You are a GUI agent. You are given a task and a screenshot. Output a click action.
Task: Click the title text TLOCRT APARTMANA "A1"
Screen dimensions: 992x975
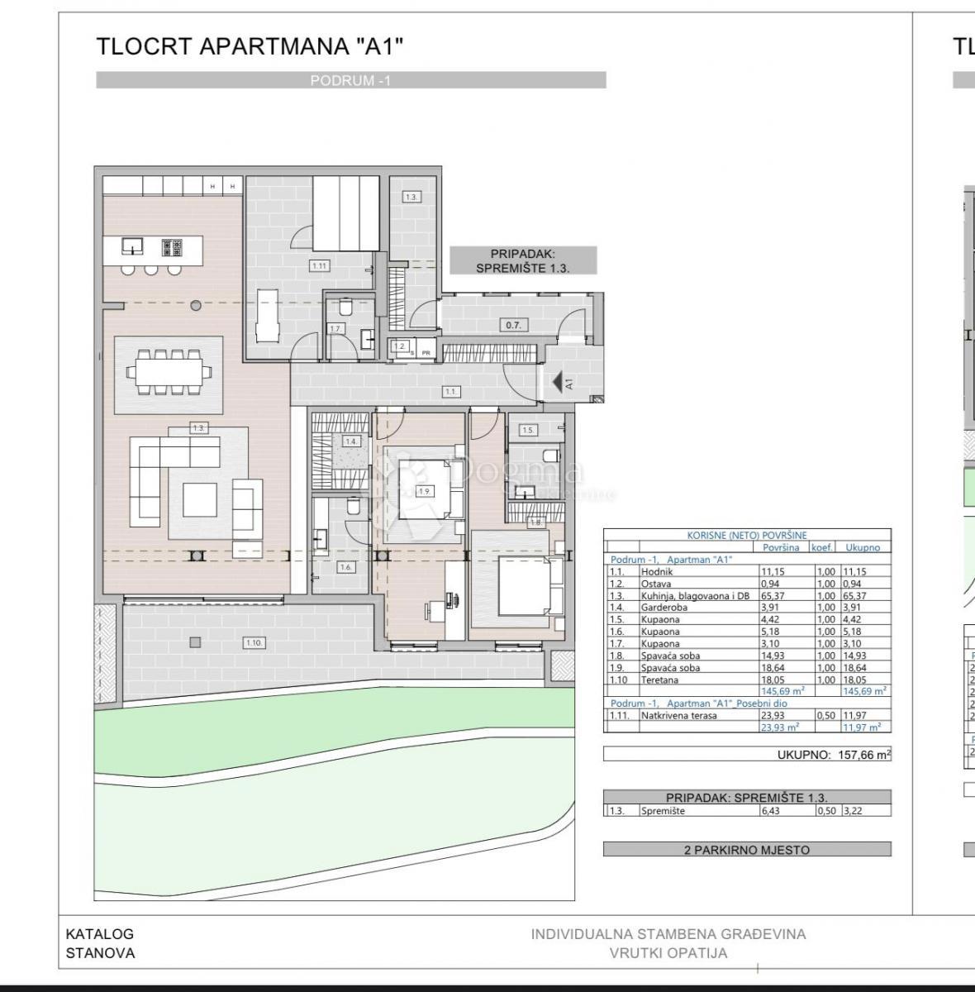[250, 46]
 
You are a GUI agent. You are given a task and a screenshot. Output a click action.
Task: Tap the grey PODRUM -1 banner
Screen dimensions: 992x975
[350, 80]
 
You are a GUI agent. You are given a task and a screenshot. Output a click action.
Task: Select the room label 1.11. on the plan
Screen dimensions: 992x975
[319, 265]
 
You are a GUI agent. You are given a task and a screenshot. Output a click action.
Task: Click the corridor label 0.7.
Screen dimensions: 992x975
[513, 325]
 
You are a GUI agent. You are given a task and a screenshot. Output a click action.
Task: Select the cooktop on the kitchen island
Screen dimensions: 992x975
[172, 246]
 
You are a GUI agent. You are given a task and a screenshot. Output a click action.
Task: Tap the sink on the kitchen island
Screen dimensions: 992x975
[131, 246]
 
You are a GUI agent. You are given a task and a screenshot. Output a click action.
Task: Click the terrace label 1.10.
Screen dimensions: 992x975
[254, 642]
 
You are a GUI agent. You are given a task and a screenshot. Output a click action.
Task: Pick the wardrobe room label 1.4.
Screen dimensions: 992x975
[351, 441]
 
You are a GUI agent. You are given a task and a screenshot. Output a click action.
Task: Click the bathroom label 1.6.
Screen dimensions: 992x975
[345, 567]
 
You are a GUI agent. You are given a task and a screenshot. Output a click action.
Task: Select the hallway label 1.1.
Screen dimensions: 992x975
[450, 391]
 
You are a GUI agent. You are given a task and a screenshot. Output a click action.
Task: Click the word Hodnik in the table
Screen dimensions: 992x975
[657, 571]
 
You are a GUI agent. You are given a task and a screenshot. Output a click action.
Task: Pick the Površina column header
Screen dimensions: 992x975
[781, 547]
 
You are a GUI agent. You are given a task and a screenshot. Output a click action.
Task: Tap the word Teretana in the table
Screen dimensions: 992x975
[659, 680]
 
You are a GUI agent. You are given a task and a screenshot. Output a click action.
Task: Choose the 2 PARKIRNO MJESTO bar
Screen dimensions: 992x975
[747, 849]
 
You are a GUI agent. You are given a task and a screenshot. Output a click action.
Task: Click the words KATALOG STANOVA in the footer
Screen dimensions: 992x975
[100, 943]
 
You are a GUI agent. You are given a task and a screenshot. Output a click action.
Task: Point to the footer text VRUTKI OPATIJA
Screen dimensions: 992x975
[668, 952]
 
